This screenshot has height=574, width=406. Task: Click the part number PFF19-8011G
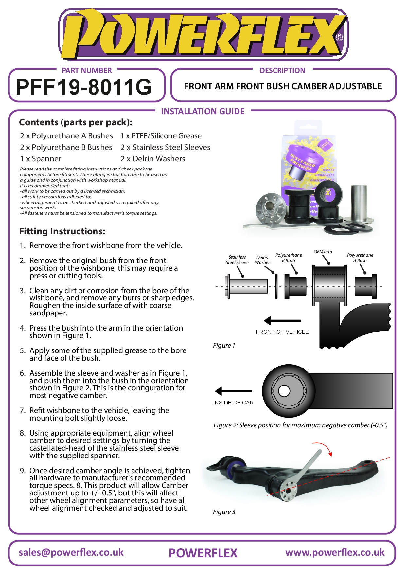coord(84,87)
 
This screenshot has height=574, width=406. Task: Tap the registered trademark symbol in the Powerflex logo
coord(340,37)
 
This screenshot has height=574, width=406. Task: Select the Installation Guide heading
coord(203,112)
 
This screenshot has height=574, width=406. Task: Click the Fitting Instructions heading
coord(62,231)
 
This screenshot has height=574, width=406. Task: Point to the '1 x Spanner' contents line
coord(41,159)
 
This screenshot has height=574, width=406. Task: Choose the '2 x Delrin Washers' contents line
coord(153,159)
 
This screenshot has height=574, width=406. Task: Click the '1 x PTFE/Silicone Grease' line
coord(161,136)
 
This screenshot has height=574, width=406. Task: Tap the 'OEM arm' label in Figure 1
coord(323,252)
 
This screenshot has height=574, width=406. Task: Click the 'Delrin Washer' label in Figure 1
coord(262,260)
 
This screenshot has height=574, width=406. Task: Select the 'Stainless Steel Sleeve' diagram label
coord(237,260)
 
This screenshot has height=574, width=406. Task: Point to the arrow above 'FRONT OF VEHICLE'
coord(282,321)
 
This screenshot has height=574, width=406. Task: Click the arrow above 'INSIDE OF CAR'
coord(234,391)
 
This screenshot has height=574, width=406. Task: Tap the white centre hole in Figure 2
coord(284,391)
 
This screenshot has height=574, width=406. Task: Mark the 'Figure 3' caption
coord(224,512)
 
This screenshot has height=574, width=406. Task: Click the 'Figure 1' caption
coord(224,346)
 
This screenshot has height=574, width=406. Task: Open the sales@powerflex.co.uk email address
coord(71,553)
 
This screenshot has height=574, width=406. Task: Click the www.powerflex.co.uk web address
coord(335,553)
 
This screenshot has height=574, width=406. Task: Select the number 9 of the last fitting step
coord(22,471)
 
